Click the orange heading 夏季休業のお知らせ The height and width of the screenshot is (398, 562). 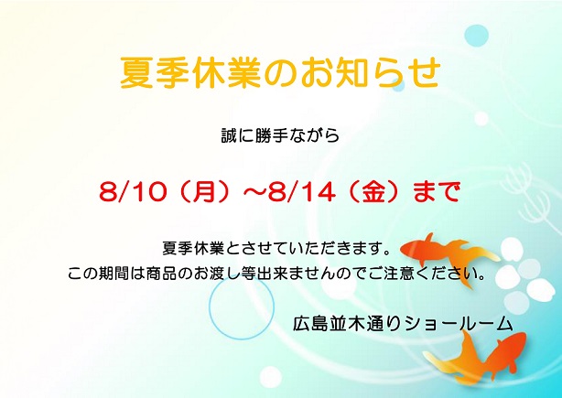coord(280,72)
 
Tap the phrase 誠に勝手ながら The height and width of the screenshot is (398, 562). coord(280,135)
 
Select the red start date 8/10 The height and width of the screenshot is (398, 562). coord(134,191)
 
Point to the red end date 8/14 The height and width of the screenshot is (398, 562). coord(301,191)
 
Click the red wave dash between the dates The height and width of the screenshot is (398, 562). coord(254,191)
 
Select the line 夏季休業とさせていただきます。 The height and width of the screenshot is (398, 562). coord(276,248)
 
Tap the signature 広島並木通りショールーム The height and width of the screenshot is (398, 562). coord(403,323)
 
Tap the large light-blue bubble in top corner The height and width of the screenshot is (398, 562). coord(476,36)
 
